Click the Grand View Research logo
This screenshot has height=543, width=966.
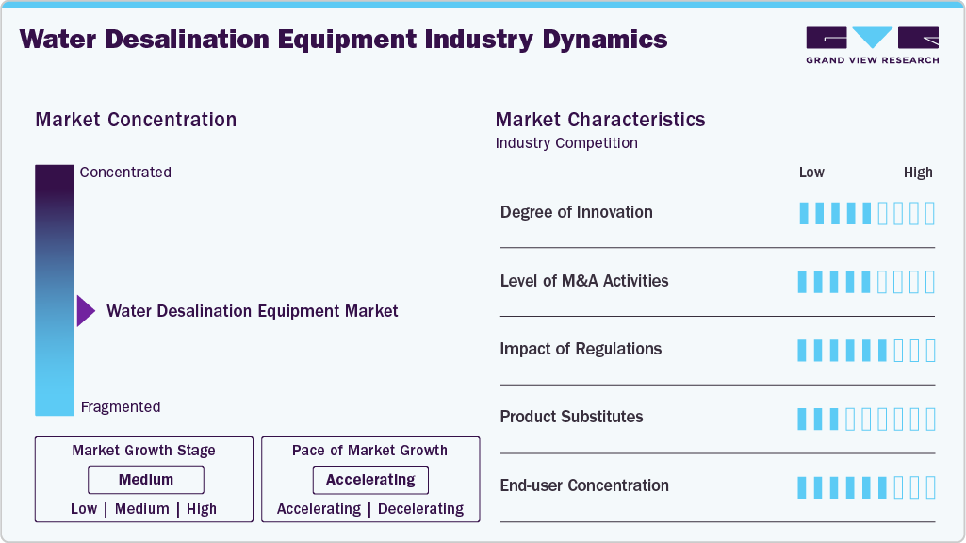pyautogui.click(x=872, y=44)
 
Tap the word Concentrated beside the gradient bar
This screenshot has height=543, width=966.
pyautogui.click(x=125, y=173)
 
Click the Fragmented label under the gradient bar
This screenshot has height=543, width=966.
pyautogui.click(x=121, y=407)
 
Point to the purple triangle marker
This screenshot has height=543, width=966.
pyautogui.click(x=86, y=311)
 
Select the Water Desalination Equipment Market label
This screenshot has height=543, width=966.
pyautogui.click(x=253, y=311)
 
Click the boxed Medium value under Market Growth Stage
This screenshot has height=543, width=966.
pyautogui.click(x=146, y=480)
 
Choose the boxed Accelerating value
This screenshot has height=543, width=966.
pyautogui.click(x=370, y=480)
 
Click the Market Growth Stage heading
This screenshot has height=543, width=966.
pyautogui.click(x=143, y=451)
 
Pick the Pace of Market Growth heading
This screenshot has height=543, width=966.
pyautogui.click(x=369, y=451)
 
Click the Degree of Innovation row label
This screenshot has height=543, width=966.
pyautogui.click(x=576, y=212)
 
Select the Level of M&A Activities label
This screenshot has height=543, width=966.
pyautogui.click(x=584, y=281)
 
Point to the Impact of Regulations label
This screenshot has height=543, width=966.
pyautogui.click(x=581, y=349)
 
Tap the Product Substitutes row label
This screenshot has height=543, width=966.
pyautogui.click(x=571, y=417)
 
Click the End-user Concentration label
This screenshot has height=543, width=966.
pyautogui.click(x=584, y=485)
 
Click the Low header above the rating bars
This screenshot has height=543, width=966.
pyautogui.click(x=811, y=173)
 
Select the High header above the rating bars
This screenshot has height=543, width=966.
pyautogui.click(x=918, y=173)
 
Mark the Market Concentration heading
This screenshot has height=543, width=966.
pyautogui.click(x=136, y=120)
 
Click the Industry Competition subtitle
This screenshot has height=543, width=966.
pyautogui.click(x=566, y=143)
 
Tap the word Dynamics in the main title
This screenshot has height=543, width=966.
pyautogui.click(x=598, y=40)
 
